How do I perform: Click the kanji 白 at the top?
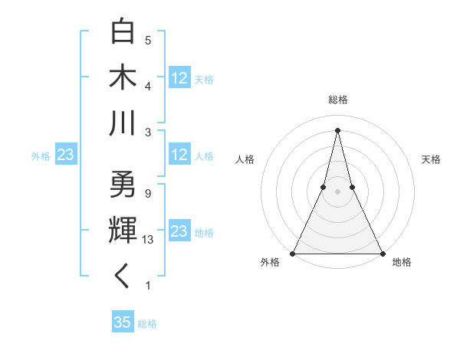coord(122,31)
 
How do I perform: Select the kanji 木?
coord(122,77)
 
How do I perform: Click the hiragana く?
coord(122,277)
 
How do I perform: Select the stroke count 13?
coord(148,240)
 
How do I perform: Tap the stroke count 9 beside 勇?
coord(147,193)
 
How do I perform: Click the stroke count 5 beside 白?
coord(147,41)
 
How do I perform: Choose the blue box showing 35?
coord(123,322)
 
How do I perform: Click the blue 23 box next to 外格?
coord(66,155)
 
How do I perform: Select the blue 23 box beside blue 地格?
coord(179,231)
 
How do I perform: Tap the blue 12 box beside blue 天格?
coord(179,77)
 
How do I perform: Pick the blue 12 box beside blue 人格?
coord(179,155)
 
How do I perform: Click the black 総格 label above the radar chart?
coord(337,100)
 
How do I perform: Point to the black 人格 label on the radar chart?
coord(245,159)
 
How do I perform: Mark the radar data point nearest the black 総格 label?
coord(337,129)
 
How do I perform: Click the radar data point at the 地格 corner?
coord(381,253)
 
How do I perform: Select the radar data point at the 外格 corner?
coord(293,253)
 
